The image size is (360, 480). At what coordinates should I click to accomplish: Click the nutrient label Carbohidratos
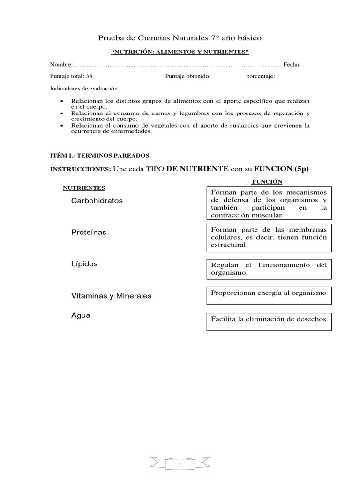coord(97,201)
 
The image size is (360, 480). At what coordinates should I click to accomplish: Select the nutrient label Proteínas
coord(89,232)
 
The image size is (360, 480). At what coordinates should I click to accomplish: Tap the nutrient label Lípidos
coord(84,264)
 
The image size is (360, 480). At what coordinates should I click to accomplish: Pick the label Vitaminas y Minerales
coord(111,296)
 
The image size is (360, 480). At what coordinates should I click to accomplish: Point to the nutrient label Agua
coord(81,315)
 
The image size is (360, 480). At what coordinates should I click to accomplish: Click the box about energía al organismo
coord(269,295)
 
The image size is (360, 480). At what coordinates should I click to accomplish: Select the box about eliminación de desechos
coord(269,322)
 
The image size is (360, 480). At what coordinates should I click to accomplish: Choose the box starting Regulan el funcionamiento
coord(269,269)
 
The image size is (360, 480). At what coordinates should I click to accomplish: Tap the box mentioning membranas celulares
coord(269,237)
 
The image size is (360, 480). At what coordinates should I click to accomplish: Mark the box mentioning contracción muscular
coord(269,203)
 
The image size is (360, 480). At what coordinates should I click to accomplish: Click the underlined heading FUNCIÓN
coord(267,182)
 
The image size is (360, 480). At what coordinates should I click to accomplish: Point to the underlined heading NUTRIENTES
coord(84,188)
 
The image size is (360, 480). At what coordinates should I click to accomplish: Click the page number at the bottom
coord(180,465)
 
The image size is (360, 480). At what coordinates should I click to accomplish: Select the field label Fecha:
coord(292,65)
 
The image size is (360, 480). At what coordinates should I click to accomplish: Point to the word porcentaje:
coord(261,77)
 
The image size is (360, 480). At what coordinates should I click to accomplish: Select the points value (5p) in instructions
coord(298,169)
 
